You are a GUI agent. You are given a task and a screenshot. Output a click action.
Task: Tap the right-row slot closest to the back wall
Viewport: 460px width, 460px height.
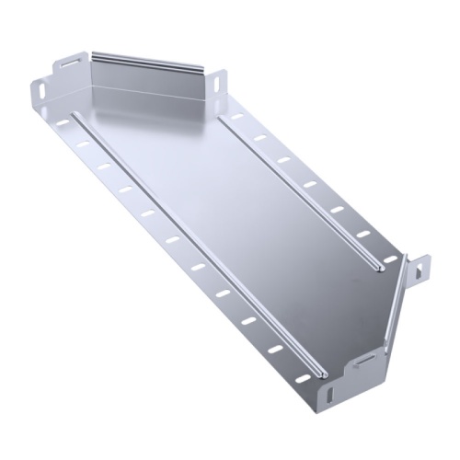237,118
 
